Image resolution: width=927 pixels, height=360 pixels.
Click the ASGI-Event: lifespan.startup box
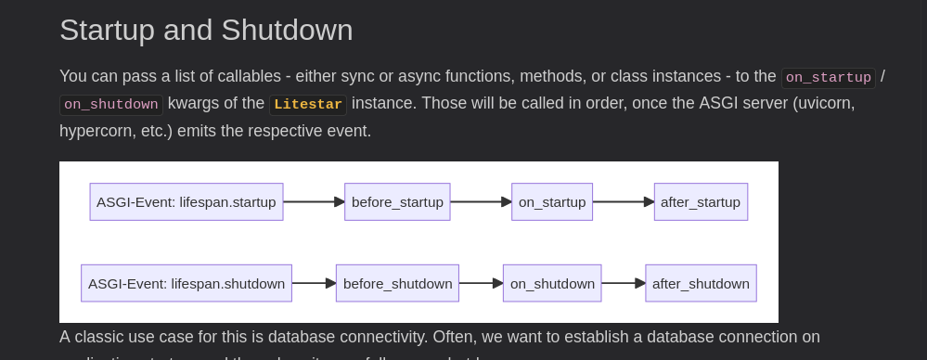(187, 202)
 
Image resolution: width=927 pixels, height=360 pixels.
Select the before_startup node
(397, 202)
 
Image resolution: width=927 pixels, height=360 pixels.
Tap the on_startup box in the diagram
(552, 202)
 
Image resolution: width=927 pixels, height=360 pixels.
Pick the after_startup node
(701, 202)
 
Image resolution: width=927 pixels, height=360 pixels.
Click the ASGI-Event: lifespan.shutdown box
(187, 284)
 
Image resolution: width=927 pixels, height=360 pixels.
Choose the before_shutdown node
(397, 284)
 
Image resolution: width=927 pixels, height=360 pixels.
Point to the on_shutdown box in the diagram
(552, 284)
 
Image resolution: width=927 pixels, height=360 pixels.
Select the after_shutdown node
(701, 284)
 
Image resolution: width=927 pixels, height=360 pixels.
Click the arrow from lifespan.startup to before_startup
(314, 202)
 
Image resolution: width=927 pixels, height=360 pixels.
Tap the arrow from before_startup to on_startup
(481, 202)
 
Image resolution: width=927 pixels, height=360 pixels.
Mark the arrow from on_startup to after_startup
(624, 202)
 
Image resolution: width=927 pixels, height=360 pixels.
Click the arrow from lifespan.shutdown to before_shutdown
(314, 284)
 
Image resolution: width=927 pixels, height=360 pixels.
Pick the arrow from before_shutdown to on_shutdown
(481, 284)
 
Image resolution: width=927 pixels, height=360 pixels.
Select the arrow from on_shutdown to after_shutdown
(624, 284)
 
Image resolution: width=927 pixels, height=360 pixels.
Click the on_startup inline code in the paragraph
(828, 78)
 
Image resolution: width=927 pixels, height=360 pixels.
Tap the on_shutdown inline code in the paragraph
(110, 105)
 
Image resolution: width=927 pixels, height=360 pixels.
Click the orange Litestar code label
(308, 105)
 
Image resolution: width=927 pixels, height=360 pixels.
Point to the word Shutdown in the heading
(287, 30)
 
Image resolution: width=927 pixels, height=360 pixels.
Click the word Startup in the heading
(108, 30)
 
